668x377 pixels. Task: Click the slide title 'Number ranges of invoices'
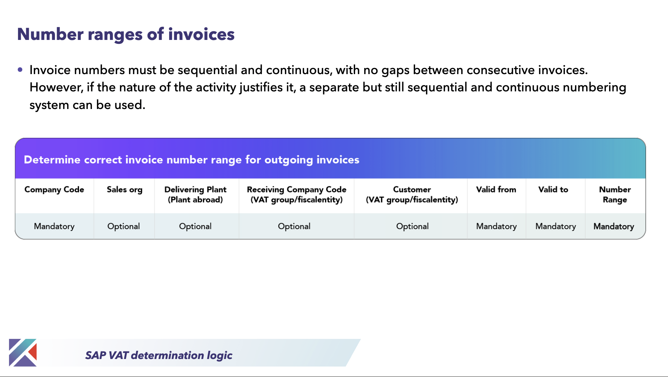tap(126, 35)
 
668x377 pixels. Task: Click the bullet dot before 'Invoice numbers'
tap(20, 70)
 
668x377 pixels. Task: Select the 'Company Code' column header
tap(54, 190)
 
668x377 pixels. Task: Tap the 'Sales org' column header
tap(125, 190)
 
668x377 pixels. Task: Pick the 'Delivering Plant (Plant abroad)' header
tap(195, 195)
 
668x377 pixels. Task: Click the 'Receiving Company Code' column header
tap(297, 195)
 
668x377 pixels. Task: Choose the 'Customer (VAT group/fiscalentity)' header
tap(412, 195)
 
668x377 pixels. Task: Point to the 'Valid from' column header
tap(496, 190)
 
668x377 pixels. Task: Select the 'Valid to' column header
tap(553, 190)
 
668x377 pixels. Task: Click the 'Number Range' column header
tap(615, 195)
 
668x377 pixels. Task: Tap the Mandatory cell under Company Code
tap(54, 226)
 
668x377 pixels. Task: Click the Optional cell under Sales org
tap(124, 226)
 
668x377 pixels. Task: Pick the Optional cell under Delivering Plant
tap(195, 226)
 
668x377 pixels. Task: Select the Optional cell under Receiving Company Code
tap(294, 226)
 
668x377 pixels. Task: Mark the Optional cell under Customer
tap(412, 226)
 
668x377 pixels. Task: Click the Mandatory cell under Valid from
tap(496, 226)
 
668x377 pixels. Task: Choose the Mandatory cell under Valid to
tap(556, 226)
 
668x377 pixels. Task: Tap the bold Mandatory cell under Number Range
tap(614, 226)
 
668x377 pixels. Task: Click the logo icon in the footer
tap(23, 353)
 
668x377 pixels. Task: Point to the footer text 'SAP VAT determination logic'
tap(159, 355)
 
